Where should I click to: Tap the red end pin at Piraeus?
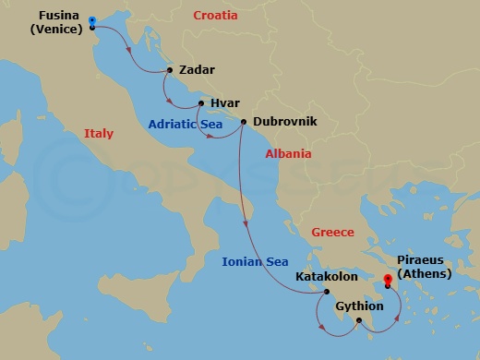[388, 281]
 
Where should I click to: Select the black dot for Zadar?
[170, 69]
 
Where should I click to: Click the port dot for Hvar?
[200, 103]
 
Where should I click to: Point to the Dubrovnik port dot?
[243, 122]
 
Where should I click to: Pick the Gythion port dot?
[358, 320]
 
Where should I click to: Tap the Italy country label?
[99, 134]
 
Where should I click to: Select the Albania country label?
[288, 154]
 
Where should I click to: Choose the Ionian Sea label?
[255, 262]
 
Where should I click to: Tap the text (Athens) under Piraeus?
[427, 274]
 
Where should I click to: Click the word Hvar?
[225, 104]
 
